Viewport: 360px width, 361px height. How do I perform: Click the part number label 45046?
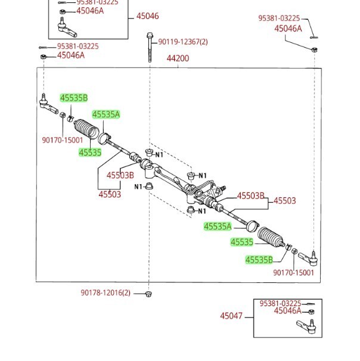[147, 16]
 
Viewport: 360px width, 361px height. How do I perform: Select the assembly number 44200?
[178, 58]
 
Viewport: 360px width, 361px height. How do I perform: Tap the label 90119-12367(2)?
[183, 42]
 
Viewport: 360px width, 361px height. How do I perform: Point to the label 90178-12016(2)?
[105, 293]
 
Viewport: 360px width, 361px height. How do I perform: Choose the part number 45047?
[231, 316]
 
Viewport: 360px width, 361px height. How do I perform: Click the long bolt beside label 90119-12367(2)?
[150, 48]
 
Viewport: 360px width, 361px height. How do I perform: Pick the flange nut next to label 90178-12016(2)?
[148, 294]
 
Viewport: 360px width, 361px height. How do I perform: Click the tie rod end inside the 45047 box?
[307, 326]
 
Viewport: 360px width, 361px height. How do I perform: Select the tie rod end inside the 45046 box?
[66, 28]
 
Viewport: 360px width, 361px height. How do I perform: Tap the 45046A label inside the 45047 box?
[288, 311]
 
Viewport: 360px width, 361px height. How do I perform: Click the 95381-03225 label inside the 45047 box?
[280, 303]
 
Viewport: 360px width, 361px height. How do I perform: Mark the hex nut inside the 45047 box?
[312, 312]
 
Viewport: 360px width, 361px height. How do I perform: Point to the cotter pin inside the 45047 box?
[309, 304]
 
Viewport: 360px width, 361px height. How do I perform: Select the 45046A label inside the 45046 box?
[90, 11]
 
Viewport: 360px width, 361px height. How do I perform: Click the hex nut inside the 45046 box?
[62, 11]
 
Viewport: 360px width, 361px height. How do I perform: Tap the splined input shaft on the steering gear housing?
[222, 188]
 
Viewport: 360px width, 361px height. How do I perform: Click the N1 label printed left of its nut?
[139, 186]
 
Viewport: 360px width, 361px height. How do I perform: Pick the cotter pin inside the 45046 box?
[63, 3]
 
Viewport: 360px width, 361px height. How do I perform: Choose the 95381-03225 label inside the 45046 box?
[97, 2]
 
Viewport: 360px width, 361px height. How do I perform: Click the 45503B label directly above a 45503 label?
[120, 175]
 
